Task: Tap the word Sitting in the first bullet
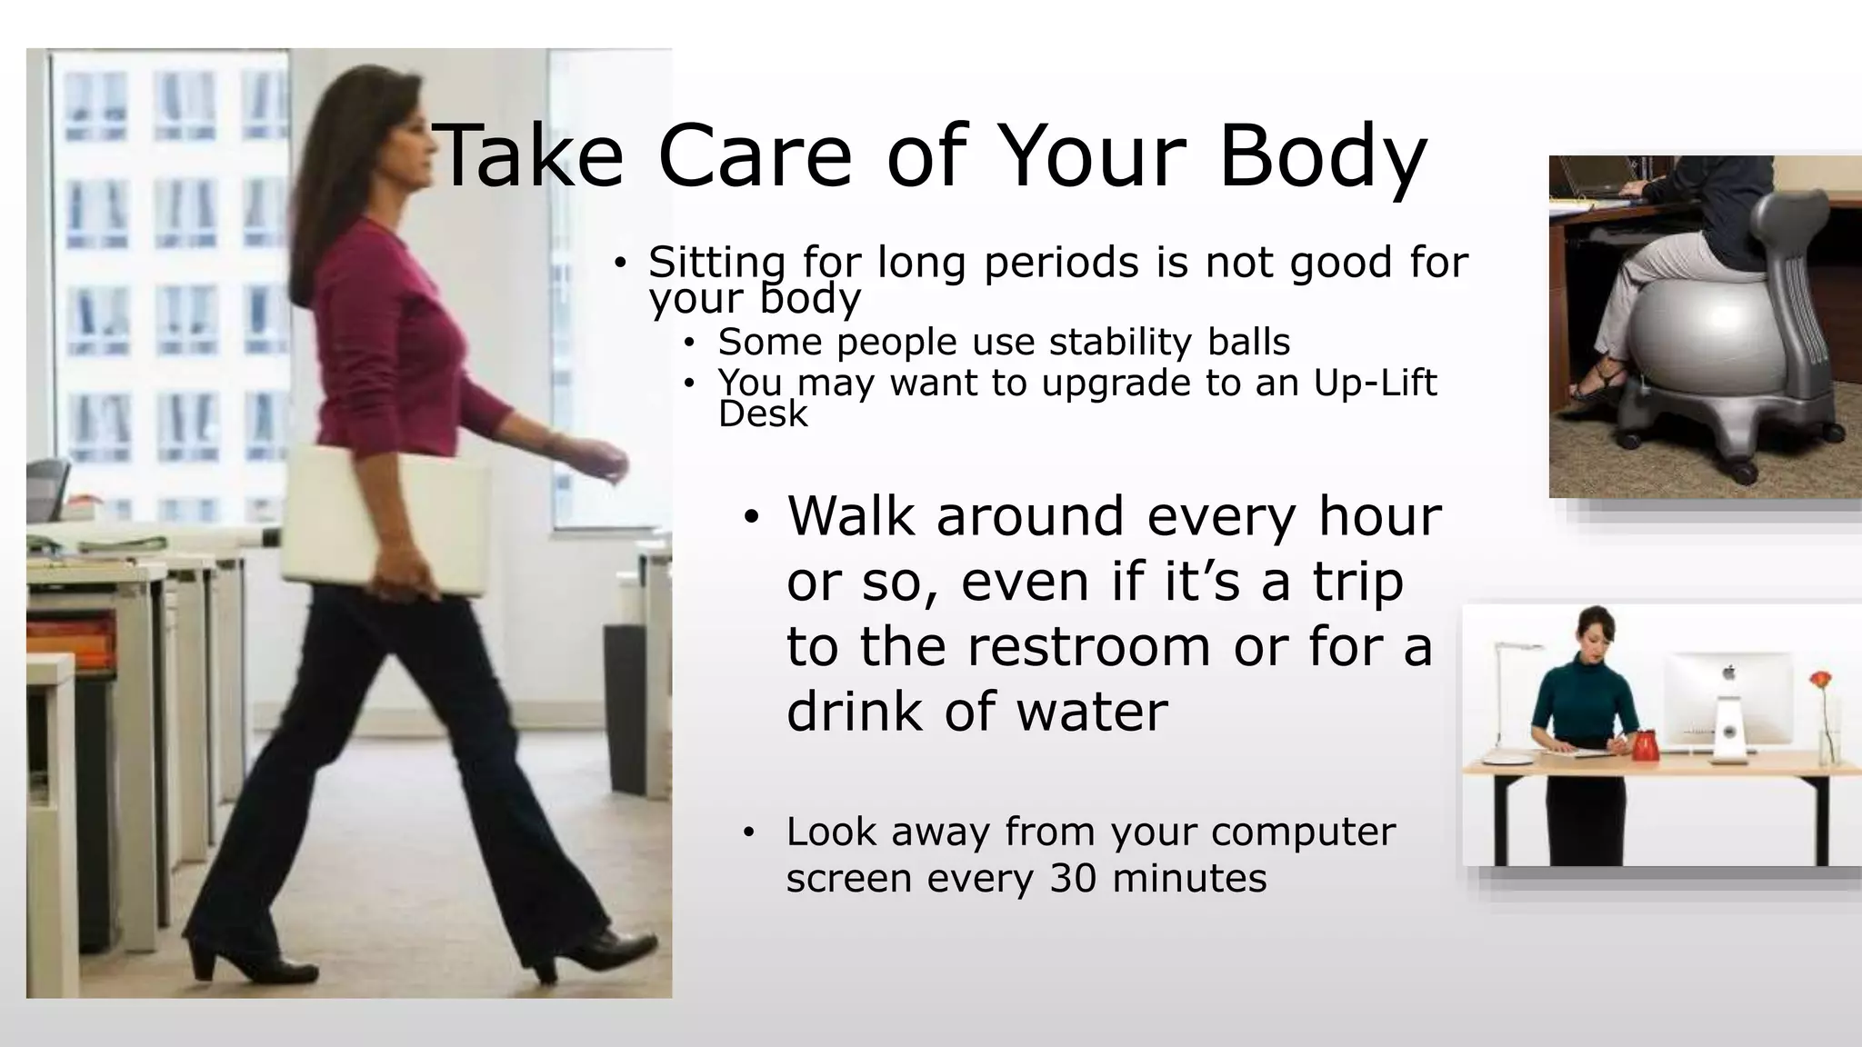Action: [716, 264]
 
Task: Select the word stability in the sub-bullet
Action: [1119, 343]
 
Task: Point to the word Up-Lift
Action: [1375, 383]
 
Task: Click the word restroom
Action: [1088, 646]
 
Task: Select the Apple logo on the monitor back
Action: [1728, 673]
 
